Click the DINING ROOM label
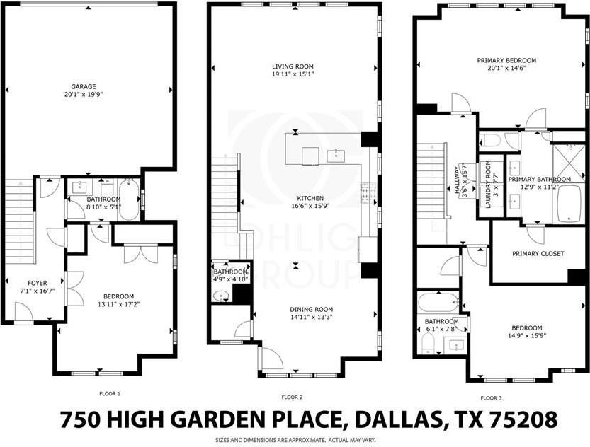click(311, 310)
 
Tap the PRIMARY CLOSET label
click(538, 253)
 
